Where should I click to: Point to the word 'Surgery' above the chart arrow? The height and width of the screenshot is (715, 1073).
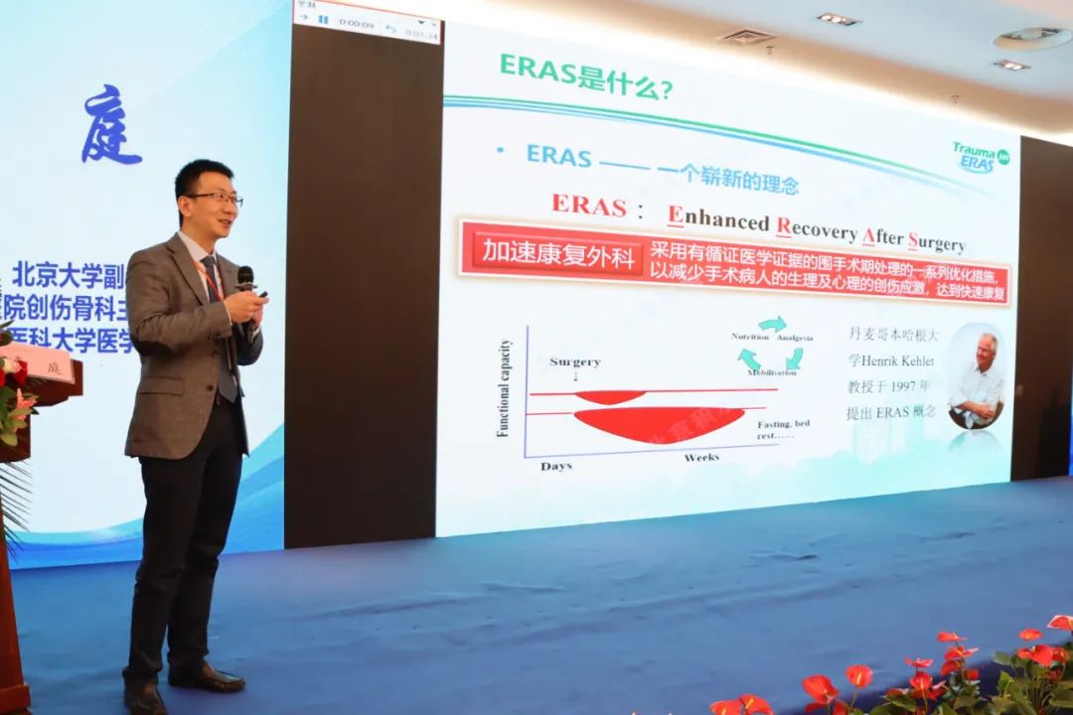[575, 361]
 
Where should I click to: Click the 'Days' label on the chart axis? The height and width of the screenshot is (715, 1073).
[557, 466]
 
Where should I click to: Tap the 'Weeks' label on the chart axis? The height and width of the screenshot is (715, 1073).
[701, 458]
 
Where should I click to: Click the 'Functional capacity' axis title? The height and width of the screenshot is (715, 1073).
[504, 388]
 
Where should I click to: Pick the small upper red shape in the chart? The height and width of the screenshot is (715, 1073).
[610, 396]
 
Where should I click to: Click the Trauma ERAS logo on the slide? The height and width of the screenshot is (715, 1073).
[981, 157]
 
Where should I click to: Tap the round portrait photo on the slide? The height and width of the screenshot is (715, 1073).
[975, 376]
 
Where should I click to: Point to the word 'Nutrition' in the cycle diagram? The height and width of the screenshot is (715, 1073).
[750, 338]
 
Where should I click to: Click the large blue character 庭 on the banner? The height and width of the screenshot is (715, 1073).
[110, 126]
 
